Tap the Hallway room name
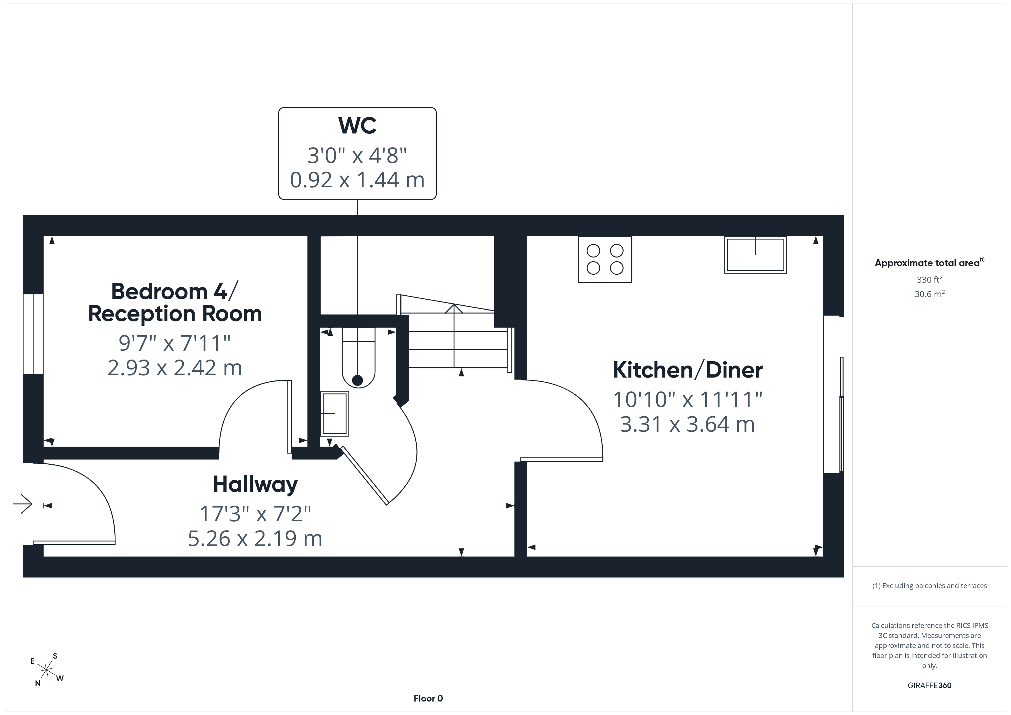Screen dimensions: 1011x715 coord(255,485)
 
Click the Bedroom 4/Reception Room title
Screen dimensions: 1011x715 coord(175,302)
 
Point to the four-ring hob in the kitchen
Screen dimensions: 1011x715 coord(605,259)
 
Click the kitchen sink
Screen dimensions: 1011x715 coord(756,255)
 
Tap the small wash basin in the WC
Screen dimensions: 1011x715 coord(335,413)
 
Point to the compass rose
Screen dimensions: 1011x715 coord(46,670)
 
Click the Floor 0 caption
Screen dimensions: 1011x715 coord(428,698)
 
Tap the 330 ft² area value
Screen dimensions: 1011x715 coord(930,280)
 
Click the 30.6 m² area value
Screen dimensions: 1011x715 coord(930,294)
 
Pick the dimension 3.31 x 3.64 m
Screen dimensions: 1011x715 coord(687,424)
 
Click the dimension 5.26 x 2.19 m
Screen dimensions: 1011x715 coord(255,538)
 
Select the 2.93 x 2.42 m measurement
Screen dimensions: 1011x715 coord(175,368)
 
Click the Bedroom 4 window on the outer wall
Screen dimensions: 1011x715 coord(33,334)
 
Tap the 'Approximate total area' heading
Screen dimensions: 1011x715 coord(930,263)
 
